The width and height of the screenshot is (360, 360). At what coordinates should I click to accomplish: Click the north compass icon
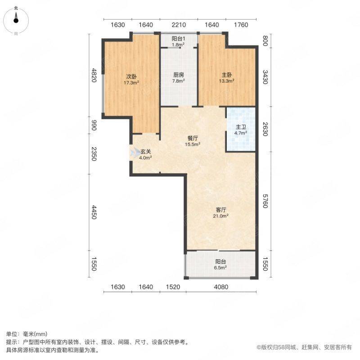tap(16, 21)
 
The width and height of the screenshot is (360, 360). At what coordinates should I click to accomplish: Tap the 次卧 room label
tap(131, 76)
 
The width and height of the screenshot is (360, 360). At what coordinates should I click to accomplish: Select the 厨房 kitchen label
tap(179, 75)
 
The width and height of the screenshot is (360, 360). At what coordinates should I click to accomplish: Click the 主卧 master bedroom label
tap(227, 75)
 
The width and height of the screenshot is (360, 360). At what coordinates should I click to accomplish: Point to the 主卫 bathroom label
tap(241, 127)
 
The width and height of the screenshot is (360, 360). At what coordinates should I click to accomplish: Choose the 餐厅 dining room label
tap(193, 139)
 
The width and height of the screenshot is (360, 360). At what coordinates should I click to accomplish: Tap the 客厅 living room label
tap(221, 210)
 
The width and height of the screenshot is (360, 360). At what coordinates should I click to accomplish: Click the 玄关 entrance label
tap(146, 152)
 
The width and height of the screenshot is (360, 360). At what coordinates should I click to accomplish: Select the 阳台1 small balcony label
tap(178, 39)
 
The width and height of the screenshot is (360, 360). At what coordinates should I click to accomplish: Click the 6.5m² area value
tap(220, 267)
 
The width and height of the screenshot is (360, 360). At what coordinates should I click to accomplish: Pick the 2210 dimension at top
tap(179, 25)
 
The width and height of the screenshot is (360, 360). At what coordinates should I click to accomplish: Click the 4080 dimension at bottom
tap(221, 287)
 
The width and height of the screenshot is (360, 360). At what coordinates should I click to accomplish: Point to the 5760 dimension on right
tap(265, 201)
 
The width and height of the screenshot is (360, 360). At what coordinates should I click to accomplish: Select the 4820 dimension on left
tap(94, 75)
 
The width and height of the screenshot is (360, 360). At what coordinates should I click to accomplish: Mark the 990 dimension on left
tap(94, 126)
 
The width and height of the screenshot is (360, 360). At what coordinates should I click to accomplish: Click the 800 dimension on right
tap(265, 41)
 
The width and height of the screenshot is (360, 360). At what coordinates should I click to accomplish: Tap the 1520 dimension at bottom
tap(173, 287)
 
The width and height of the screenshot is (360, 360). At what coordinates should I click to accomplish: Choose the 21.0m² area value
tap(221, 216)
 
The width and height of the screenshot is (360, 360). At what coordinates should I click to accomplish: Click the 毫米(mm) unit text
tap(35, 334)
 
